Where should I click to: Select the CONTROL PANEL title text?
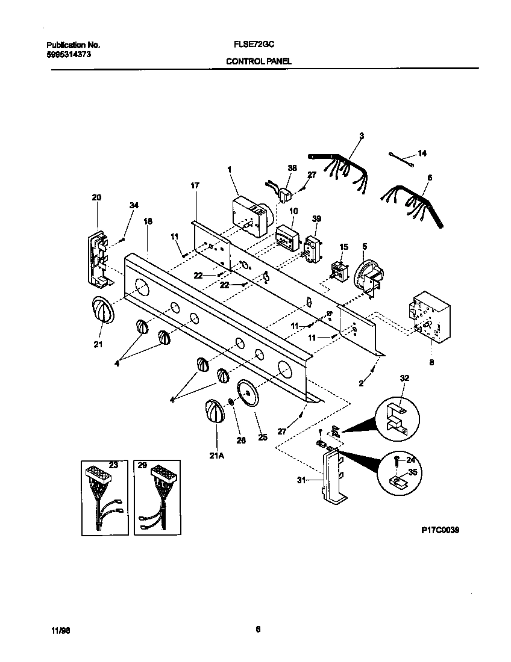(259, 61)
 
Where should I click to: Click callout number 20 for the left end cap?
(96, 197)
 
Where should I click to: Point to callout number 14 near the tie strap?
(422, 154)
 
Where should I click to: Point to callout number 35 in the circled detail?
(412, 473)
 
